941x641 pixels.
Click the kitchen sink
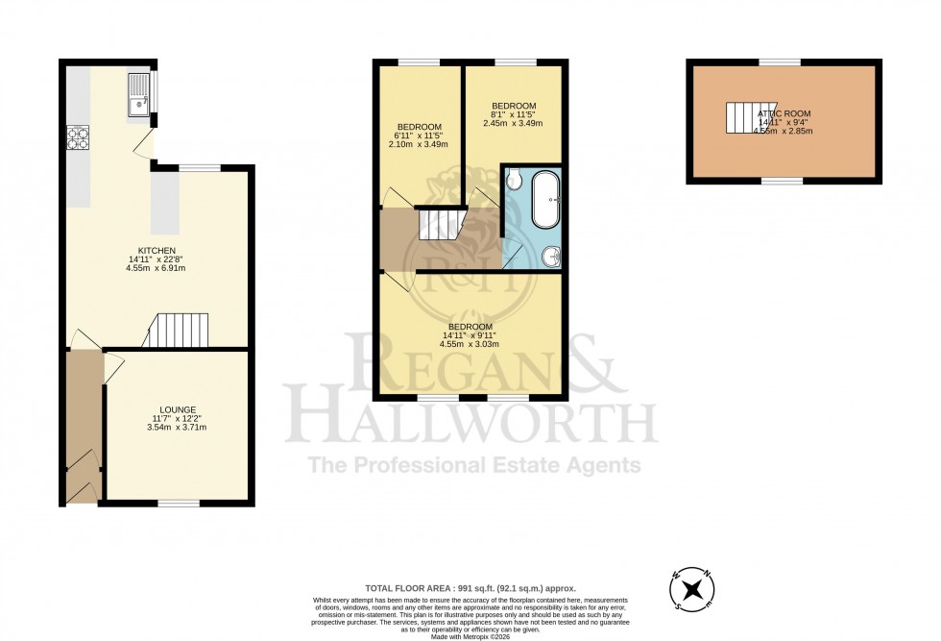tap(139, 94)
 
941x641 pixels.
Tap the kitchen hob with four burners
tap(78, 139)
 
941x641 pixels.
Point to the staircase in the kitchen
tap(182, 330)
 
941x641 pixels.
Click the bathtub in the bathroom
tap(546, 200)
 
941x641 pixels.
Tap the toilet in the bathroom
tap(514, 179)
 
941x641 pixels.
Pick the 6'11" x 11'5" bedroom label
tap(419, 127)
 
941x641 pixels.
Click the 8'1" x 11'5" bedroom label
tap(513, 105)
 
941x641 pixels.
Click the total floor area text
tap(470, 588)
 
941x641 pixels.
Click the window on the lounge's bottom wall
tap(179, 503)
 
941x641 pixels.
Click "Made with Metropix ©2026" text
tap(470, 636)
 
